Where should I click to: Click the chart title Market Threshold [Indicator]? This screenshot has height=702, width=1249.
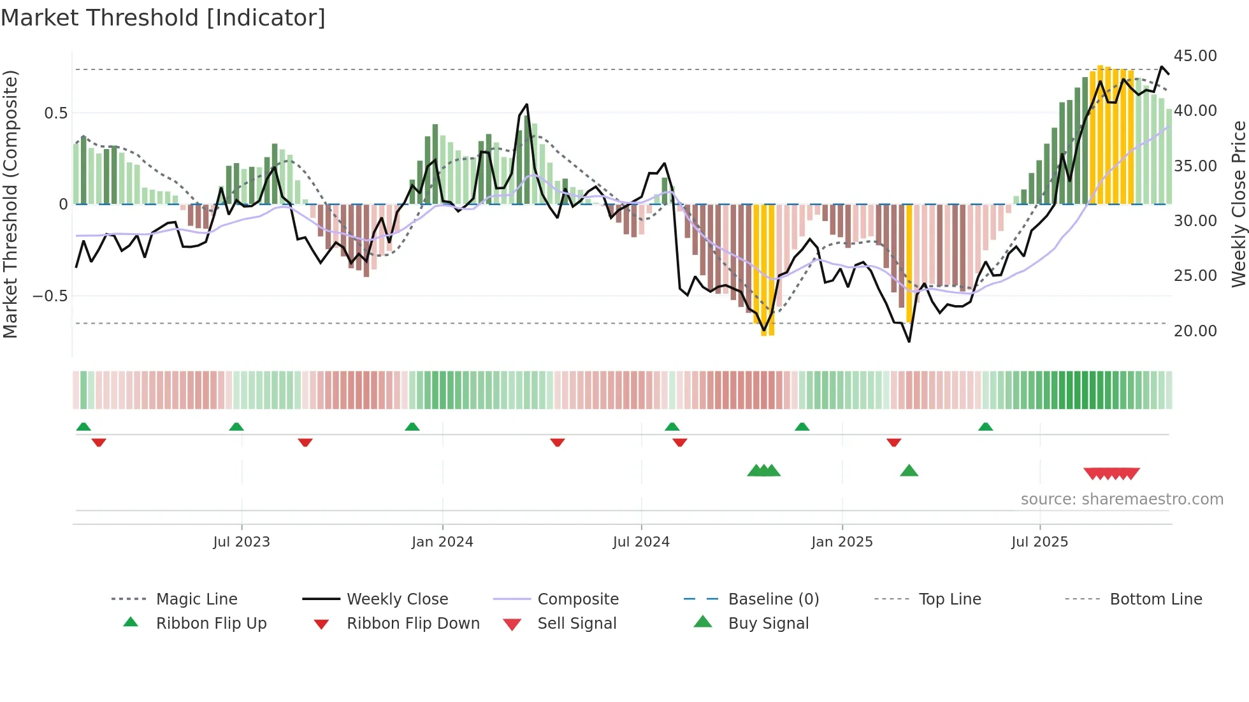[x=163, y=18]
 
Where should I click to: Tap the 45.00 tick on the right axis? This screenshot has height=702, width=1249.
[x=1195, y=56]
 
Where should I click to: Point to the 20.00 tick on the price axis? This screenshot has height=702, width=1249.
[x=1195, y=331]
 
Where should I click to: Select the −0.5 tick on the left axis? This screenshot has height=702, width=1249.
[x=50, y=296]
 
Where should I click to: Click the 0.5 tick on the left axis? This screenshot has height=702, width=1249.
[x=55, y=113]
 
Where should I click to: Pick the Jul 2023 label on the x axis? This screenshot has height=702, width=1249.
[x=242, y=542]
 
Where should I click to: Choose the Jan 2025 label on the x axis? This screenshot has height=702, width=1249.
[x=842, y=542]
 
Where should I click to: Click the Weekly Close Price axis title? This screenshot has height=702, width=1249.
[x=1238, y=204]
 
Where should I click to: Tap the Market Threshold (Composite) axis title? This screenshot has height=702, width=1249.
[x=10, y=204]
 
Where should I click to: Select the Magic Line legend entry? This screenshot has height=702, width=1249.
[x=196, y=599]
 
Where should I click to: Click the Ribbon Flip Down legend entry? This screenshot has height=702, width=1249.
[x=412, y=624]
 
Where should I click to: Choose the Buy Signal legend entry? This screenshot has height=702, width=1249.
[x=768, y=624]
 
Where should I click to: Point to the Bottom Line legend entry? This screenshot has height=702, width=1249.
[x=1155, y=599]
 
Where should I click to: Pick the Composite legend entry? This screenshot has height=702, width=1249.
[x=577, y=599]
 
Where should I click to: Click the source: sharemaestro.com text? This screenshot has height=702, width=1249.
[x=1122, y=499]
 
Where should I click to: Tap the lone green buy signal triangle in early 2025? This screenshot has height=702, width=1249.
[x=909, y=471]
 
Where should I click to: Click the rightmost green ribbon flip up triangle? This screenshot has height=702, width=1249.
[x=985, y=427]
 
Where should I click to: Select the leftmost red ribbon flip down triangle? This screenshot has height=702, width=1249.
[x=99, y=442]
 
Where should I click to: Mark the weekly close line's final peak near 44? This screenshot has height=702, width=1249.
[x=1162, y=67]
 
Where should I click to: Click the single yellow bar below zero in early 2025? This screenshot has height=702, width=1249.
[x=909, y=263]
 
